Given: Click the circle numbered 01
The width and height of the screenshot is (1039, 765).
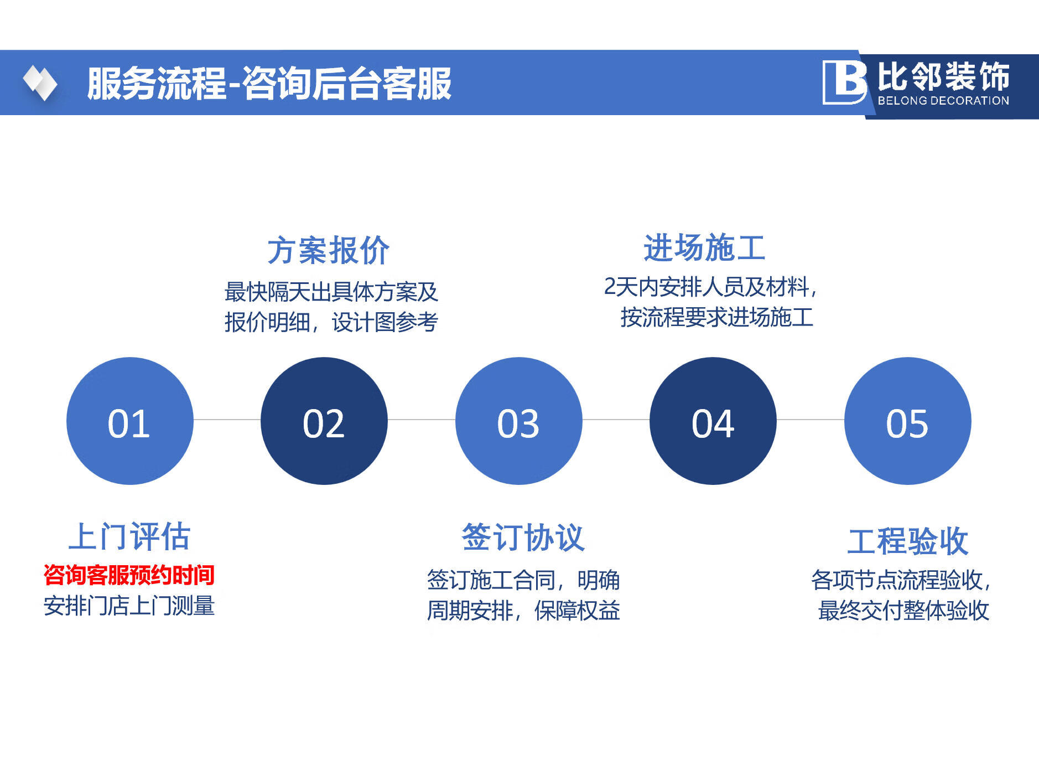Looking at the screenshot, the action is [x=130, y=421].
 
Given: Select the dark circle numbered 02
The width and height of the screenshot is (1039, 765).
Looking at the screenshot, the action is [x=324, y=421].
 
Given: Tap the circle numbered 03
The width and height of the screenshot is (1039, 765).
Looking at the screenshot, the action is [x=519, y=421].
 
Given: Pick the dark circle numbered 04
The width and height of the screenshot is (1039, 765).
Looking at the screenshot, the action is [x=713, y=421].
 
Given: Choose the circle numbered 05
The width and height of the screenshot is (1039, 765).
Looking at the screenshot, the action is [x=908, y=421].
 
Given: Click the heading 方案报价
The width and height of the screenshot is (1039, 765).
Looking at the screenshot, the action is [x=329, y=250].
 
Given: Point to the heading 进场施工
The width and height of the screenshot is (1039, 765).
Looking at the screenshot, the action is [x=705, y=247].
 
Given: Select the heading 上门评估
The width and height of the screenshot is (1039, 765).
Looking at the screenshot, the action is [x=129, y=536].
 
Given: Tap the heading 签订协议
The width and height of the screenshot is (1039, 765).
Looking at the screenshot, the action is [x=523, y=537].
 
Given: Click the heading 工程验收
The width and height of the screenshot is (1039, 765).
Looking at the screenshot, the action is [x=908, y=541].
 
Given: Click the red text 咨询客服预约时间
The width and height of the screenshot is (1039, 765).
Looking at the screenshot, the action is [x=129, y=575].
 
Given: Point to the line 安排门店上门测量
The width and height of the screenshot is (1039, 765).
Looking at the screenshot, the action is [x=129, y=606].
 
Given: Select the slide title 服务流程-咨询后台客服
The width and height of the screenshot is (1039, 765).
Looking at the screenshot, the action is [x=269, y=84].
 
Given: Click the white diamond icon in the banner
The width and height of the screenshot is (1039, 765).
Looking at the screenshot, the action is [x=40, y=83].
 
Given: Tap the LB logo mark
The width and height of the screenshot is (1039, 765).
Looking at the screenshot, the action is [x=845, y=82].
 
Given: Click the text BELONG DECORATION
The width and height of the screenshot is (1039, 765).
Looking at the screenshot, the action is [x=943, y=101].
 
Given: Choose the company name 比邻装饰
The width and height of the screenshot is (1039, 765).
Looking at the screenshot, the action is [x=943, y=76].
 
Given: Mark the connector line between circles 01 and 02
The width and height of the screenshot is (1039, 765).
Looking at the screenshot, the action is [x=227, y=420].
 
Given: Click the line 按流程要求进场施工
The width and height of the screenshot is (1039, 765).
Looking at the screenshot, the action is [x=717, y=317].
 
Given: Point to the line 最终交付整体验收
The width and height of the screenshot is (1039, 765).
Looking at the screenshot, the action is [x=903, y=611].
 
